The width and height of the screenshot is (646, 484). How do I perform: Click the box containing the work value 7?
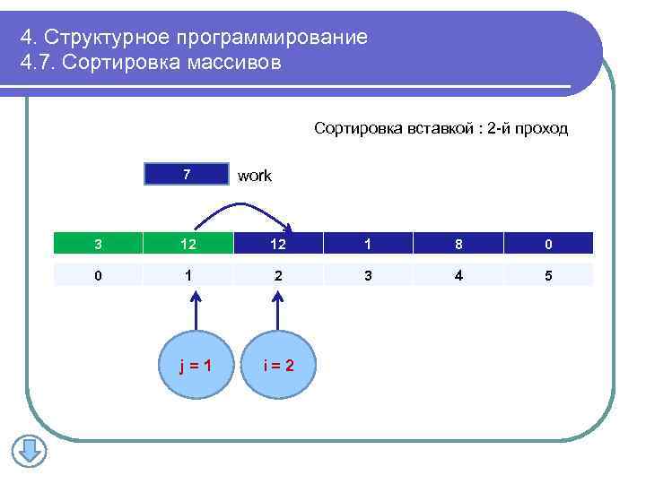click(187, 174)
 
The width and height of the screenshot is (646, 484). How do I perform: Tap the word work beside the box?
click(254, 177)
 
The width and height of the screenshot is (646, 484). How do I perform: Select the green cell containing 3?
click(98, 244)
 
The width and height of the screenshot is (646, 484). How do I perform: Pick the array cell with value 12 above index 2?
click(278, 244)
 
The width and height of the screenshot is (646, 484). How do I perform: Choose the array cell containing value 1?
click(369, 244)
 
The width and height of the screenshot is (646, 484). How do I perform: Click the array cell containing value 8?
click(458, 244)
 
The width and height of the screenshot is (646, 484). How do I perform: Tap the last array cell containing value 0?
click(548, 244)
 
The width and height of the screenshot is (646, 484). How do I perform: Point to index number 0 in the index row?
click(98, 275)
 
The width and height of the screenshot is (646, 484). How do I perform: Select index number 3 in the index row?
click(369, 275)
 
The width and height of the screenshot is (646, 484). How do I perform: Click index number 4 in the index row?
click(458, 275)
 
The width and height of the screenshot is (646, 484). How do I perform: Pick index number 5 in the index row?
click(548, 275)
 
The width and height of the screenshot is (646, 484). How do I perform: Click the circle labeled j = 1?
click(196, 365)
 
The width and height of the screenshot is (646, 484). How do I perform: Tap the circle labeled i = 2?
click(278, 365)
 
